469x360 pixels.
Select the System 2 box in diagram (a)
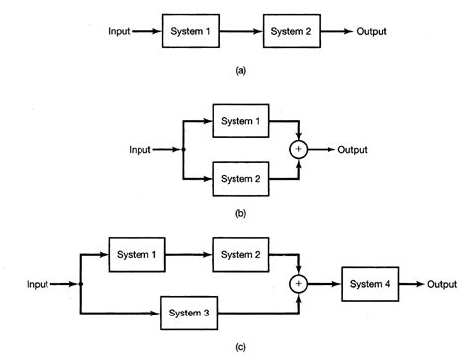coord(295,33)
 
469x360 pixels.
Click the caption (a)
coord(241,71)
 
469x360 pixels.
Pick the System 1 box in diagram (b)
coord(241,123)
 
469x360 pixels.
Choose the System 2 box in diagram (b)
coord(241,178)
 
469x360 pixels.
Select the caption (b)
coord(241,211)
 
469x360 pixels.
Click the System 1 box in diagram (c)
coord(136,254)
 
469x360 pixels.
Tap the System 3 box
coord(189,315)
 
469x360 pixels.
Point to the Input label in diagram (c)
coord(37,284)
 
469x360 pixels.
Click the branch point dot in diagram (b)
coord(184,150)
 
